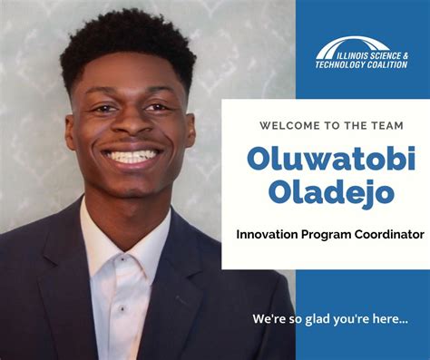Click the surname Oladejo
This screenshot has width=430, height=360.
[x=320, y=192]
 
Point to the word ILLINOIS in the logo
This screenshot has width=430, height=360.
[x=340, y=55]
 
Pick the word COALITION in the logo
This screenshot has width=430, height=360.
[x=387, y=64]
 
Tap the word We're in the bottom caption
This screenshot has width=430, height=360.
[x=269, y=319]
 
